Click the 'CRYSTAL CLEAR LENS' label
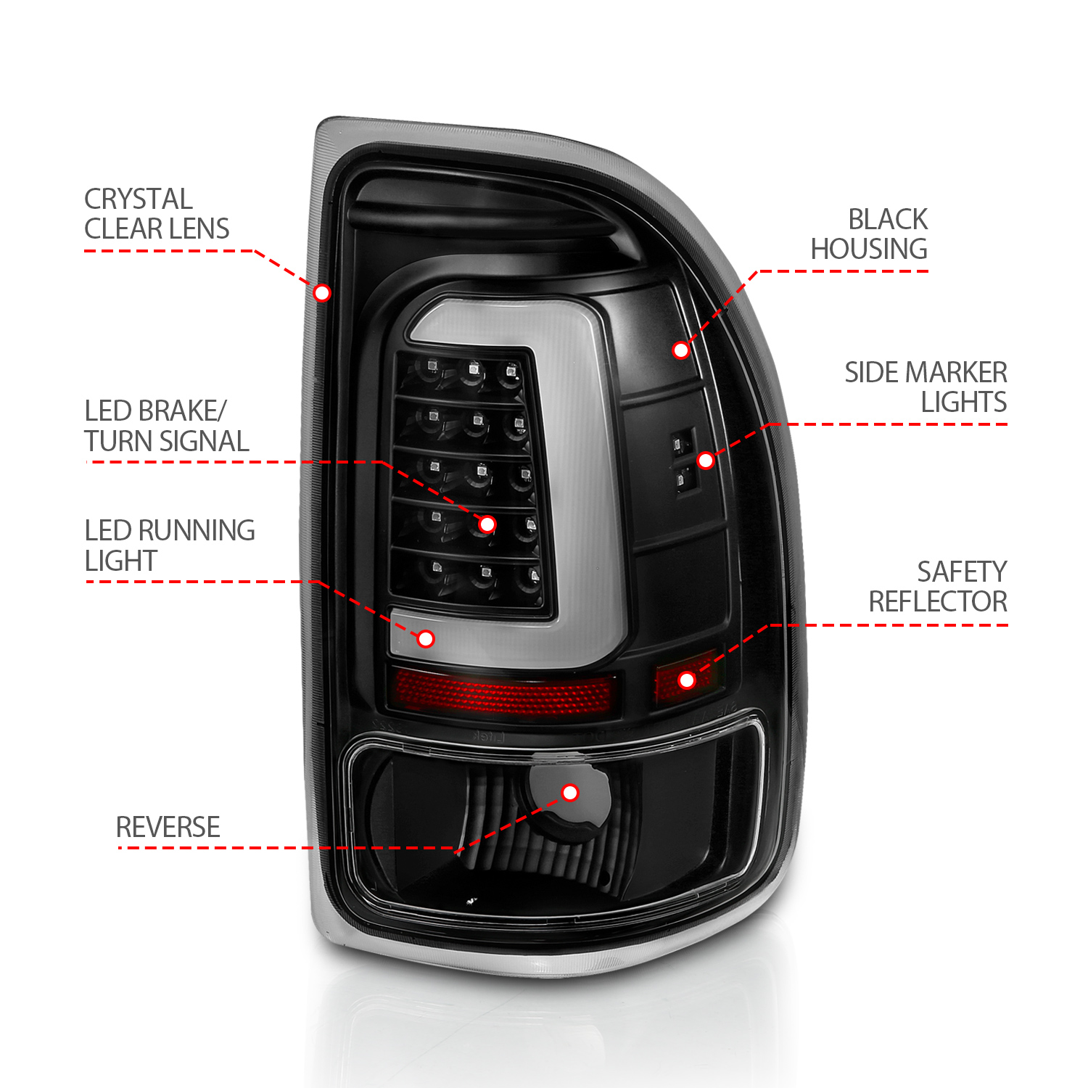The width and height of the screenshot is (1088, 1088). [x=157, y=214]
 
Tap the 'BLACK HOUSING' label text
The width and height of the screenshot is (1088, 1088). [x=869, y=234]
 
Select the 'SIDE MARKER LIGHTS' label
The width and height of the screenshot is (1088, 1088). [x=926, y=387]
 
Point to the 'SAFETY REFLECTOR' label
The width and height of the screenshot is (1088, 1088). [x=938, y=587]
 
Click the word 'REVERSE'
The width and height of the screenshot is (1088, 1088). [x=168, y=827]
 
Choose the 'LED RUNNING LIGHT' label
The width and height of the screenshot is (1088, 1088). [x=170, y=545]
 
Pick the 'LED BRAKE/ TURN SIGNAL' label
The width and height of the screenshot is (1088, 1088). [x=166, y=426]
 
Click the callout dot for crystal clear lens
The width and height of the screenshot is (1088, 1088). [x=322, y=292]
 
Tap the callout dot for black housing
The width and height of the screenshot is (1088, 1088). [x=680, y=350]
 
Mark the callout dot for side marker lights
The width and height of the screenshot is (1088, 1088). [x=706, y=460]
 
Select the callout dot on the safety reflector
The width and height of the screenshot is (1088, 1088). [x=687, y=680]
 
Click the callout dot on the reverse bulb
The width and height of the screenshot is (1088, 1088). [x=570, y=792]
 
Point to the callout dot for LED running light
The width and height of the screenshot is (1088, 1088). [x=426, y=638]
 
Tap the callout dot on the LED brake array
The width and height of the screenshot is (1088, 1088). [x=487, y=524]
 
